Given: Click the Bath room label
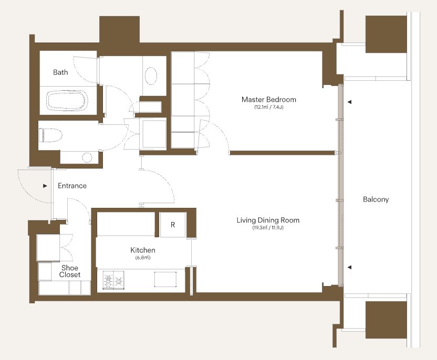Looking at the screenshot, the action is tap(60, 72).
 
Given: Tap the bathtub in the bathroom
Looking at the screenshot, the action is tap(67, 101).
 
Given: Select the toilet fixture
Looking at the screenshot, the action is tap(50, 135).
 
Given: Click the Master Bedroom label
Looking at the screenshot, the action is tap(269, 99).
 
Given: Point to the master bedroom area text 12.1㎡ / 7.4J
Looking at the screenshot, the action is tap(269, 107).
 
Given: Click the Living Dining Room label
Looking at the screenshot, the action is tap(268, 220).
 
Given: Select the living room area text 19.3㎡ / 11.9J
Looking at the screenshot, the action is tap(268, 228).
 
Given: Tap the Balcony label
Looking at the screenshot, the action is tap(376, 199).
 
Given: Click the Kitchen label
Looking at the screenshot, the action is tap(143, 250).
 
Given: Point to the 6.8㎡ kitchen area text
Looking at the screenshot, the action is tap(143, 258).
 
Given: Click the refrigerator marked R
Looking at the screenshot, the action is tap(173, 225).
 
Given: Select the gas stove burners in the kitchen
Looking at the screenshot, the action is tap(113, 280).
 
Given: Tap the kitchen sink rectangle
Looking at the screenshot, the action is tap(165, 279).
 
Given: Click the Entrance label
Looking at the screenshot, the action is tap(72, 186).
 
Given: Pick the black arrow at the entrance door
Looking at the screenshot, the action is tap(45, 186).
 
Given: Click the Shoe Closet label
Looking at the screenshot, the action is tap(70, 271).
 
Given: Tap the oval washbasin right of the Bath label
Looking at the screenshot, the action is tap(151, 76).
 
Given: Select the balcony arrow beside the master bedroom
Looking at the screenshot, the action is tap(349, 102).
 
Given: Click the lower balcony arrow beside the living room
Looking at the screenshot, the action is tap(349, 267).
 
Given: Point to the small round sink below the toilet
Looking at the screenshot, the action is tap(87, 157).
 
